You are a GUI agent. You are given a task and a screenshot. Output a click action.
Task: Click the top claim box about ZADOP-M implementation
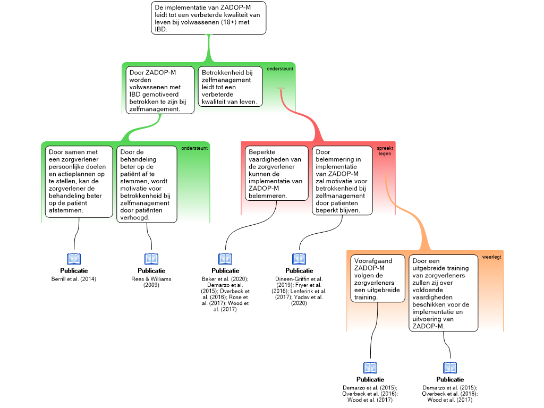coord(208,18)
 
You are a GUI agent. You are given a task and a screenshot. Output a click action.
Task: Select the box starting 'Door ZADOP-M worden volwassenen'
coord(159,90)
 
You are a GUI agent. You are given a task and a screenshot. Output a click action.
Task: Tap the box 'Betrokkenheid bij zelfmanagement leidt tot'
coord(230,87)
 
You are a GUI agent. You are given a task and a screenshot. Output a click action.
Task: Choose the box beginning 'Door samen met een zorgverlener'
coord(79,181)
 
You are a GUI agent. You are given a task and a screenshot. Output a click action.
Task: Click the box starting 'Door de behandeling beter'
coord(147,184)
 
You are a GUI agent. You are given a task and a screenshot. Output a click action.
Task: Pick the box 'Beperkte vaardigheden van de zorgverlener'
coord(276,173)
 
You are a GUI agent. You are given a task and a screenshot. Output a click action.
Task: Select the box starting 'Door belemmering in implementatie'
coord(342,181)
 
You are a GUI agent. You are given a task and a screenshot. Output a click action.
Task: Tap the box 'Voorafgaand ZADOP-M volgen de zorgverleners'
coord(378,278)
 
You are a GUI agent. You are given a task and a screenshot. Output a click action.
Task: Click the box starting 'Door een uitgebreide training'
coord(443,293)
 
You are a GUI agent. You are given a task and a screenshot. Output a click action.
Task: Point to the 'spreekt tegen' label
coord(385,150)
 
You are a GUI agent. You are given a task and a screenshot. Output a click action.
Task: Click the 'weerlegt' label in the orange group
coord(491,257)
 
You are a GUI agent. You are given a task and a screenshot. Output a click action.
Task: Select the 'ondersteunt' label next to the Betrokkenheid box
coord(280,69)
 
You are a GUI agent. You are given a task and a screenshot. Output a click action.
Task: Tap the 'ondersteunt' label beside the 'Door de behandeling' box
coord(194,148)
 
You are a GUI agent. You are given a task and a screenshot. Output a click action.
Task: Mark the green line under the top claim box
coord(209,48)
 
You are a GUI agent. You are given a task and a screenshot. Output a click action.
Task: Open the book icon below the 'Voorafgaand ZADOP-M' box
coord(370,368)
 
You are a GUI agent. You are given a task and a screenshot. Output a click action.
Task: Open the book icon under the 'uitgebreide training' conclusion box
coord(450,368)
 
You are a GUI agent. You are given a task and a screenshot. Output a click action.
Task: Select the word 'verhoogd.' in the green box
coord(135,217)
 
